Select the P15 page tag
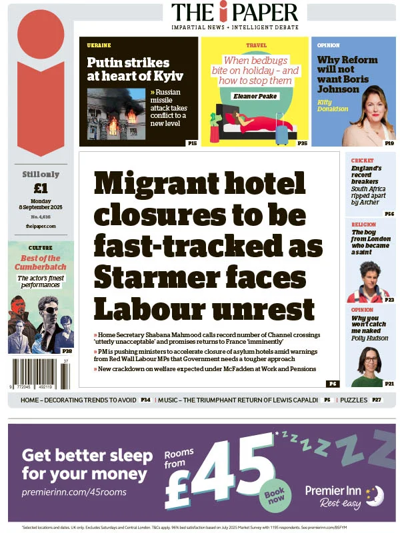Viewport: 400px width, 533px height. click(191, 143)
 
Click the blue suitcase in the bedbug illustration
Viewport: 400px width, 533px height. click(282, 133)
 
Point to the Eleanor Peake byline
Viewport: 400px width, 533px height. click(255, 96)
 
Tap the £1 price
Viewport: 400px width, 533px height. click(41, 187)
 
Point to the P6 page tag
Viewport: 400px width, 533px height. click(332, 384)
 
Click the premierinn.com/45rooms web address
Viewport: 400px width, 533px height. click(73, 492)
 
